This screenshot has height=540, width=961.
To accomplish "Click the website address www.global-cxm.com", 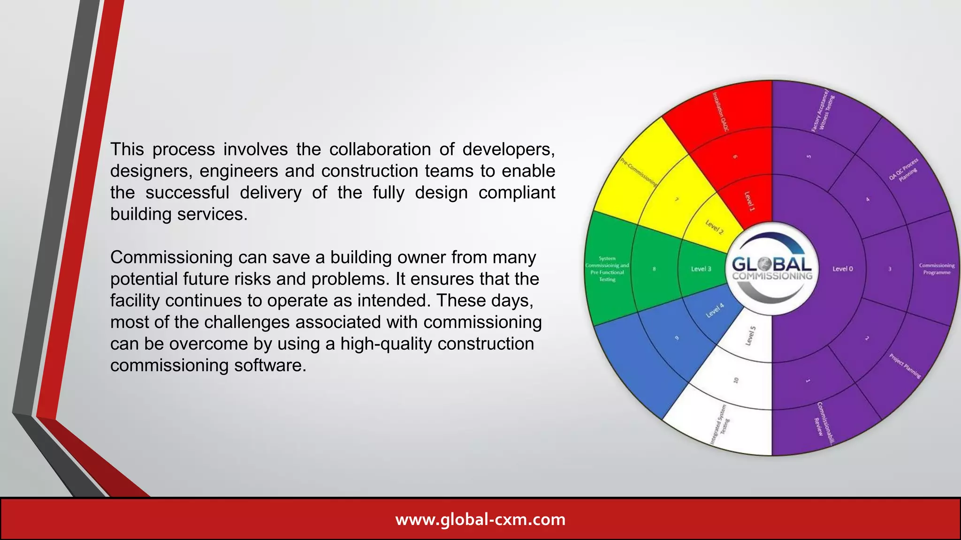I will [x=480, y=519].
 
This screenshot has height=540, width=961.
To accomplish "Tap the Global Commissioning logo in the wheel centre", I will [x=772, y=268].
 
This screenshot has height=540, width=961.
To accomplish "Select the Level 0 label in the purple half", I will [x=842, y=269].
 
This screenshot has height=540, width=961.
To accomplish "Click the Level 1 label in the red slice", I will [x=750, y=201].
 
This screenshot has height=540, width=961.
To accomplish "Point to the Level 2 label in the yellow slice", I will [x=715, y=227].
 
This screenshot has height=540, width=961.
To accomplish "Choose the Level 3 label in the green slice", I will [x=701, y=269].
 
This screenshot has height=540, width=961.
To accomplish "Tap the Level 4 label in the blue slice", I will [x=715, y=310].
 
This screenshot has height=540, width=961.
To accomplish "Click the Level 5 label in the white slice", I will [x=751, y=336].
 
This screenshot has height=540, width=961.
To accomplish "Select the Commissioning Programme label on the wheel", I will [x=937, y=269].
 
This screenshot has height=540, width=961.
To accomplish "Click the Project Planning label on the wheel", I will [x=905, y=366].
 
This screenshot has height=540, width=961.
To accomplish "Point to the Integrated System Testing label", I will [x=719, y=425].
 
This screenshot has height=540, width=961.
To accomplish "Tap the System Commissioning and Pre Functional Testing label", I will [x=607, y=269].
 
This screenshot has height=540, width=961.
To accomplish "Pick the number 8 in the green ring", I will [x=654, y=269].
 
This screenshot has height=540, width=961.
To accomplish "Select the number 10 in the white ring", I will [x=736, y=380].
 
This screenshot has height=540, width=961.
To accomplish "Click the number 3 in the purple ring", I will [x=890, y=269].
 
